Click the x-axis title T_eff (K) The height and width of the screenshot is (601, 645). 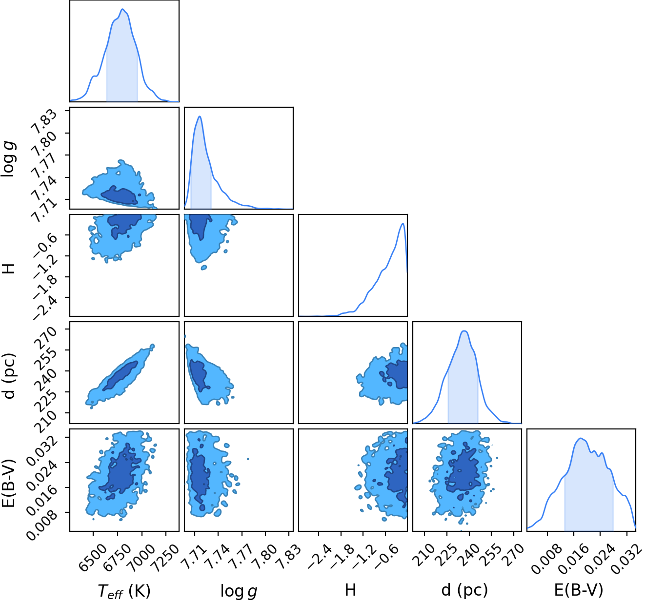tap(124, 591)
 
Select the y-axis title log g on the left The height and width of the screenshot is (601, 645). tap(8, 159)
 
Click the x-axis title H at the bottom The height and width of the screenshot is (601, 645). tap(350, 590)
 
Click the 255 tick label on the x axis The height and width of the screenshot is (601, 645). tap(491, 555)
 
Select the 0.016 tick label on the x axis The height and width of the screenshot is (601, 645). tap(574, 558)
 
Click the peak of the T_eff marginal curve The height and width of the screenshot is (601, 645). tap(123, 9)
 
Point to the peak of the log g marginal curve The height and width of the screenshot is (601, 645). tap(200, 116)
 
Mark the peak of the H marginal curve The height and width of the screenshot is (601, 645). tap(403, 223)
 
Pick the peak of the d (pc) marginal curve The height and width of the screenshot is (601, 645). tap(464, 331)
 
